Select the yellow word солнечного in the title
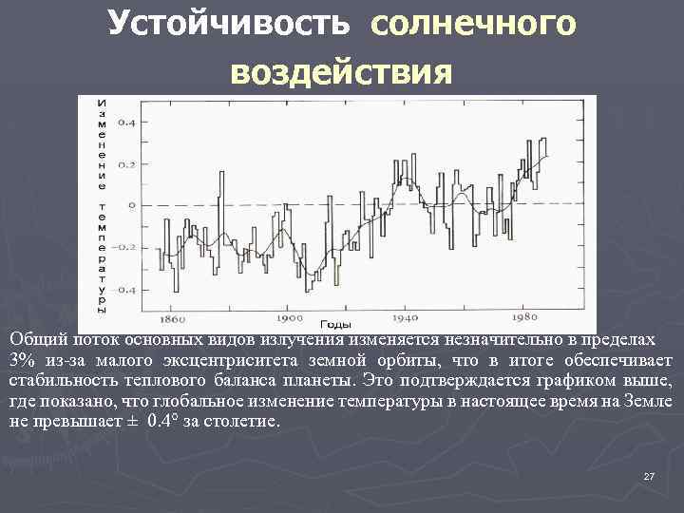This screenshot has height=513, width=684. pos(473,23)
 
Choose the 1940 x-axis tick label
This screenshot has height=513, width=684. pos(405,319)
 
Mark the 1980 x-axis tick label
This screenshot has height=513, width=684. pos(522,319)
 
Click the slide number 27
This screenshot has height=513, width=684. pos(649,475)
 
